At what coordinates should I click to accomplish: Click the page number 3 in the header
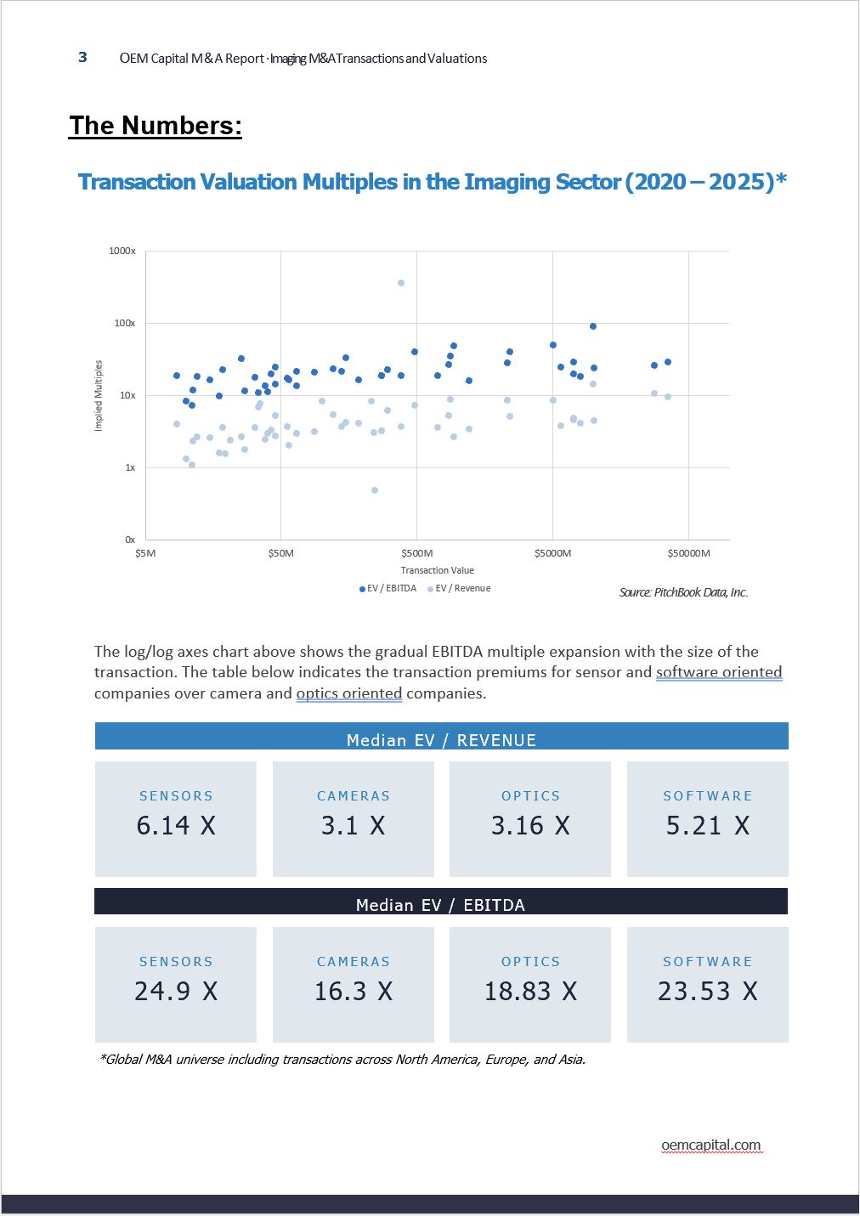[82, 57]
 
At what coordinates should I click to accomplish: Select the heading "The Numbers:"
[156, 126]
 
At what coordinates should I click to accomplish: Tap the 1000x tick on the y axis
[122, 251]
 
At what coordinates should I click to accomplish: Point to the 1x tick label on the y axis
[130, 467]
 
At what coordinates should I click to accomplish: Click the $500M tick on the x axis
[416, 553]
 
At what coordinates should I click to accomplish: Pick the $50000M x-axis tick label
[688, 553]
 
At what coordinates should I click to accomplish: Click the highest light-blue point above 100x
[401, 283]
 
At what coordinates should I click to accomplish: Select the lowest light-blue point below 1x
[375, 490]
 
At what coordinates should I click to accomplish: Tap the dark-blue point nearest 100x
[593, 326]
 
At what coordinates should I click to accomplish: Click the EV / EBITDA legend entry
[388, 588]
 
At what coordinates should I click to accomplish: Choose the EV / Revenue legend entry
[460, 588]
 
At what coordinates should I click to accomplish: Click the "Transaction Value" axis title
[438, 570]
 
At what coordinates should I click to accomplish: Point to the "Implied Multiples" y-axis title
[99, 395]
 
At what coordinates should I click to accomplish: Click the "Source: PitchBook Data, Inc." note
[683, 592]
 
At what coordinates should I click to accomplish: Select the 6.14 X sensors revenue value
[176, 825]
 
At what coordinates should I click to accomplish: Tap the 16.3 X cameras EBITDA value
[354, 991]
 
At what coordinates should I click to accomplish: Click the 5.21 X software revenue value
[708, 825]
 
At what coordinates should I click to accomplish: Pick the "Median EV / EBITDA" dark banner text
[440, 905]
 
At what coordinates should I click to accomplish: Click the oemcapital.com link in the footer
[711, 1145]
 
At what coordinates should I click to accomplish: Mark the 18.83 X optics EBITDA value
[530, 991]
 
